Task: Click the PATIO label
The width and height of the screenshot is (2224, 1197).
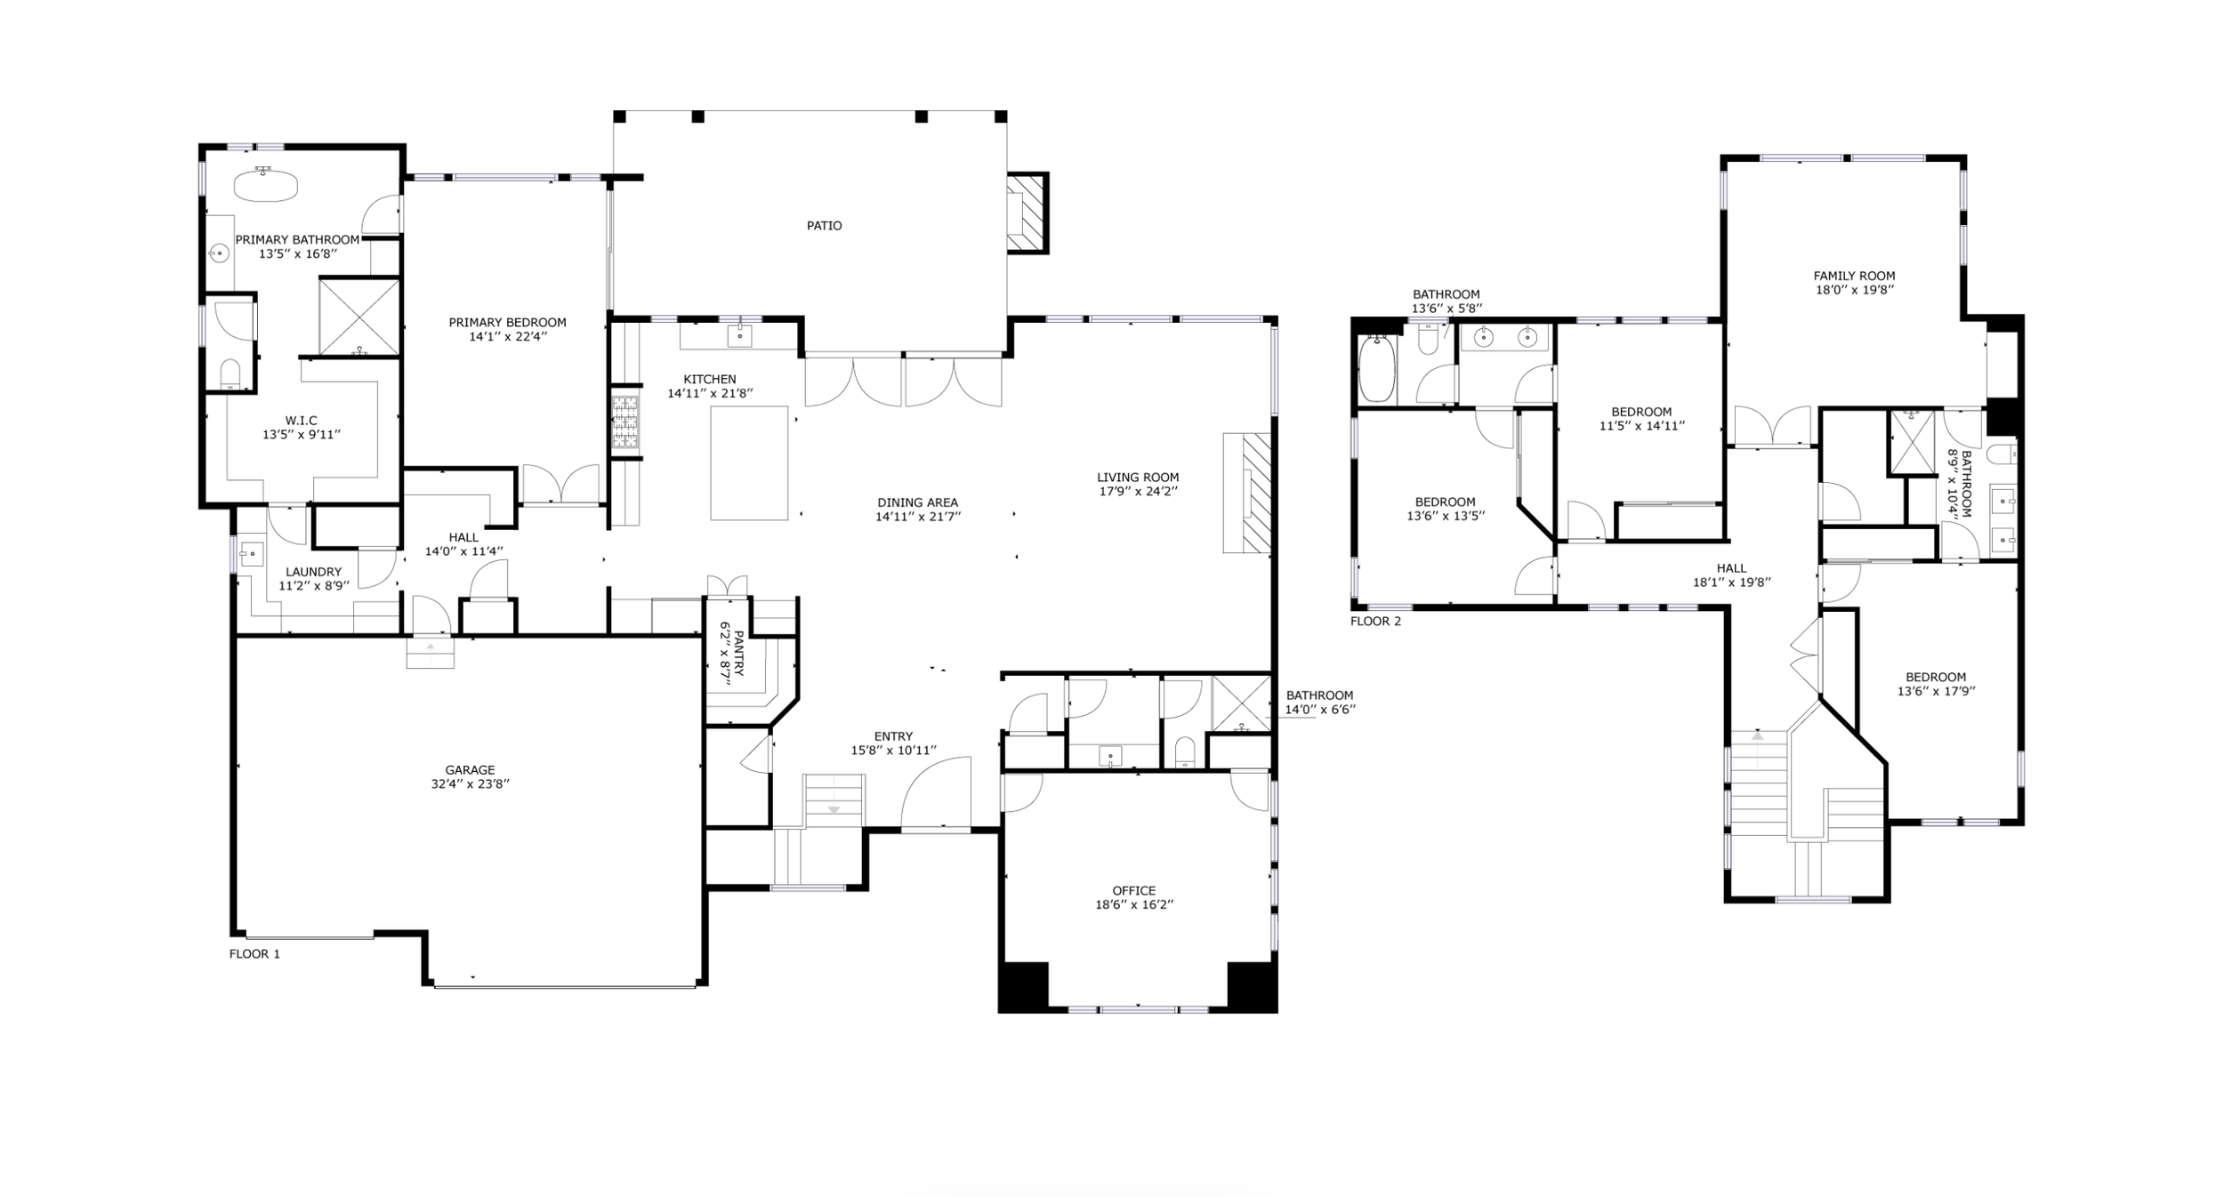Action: (x=824, y=226)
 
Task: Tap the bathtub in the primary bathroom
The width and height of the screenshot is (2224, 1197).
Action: (x=265, y=185)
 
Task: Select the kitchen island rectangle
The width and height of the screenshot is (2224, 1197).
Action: (x=749, y=462)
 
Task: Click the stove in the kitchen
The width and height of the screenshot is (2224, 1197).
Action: (x=625, y=422)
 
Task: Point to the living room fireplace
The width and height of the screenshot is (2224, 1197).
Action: (x=1247, y=493)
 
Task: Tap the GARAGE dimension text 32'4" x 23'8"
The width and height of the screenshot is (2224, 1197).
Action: (x=470, y=784)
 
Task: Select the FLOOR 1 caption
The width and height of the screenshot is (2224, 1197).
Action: (x=254, y=954)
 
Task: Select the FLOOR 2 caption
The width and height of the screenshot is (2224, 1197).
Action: (x=1375, y=622)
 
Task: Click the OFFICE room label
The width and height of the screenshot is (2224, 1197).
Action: (x=1134, y=891)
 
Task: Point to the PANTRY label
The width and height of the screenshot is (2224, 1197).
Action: (x=738, y=655)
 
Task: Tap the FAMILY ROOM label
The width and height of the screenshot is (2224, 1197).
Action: (x=1854, y=277)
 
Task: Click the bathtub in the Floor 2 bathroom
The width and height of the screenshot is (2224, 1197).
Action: (x=1376, y=368)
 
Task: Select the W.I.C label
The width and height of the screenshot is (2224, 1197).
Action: (x=301, y=421)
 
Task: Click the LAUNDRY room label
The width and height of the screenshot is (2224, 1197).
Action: (x=313, y=573)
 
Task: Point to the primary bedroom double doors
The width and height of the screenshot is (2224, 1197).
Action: (x=560, y=485)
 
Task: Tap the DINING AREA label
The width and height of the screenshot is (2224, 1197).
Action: (x=918, y=502)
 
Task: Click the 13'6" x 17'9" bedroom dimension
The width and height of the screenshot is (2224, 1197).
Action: (x=1936, y=691)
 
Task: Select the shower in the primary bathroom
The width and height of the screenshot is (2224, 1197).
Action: (x=359, y=317)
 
